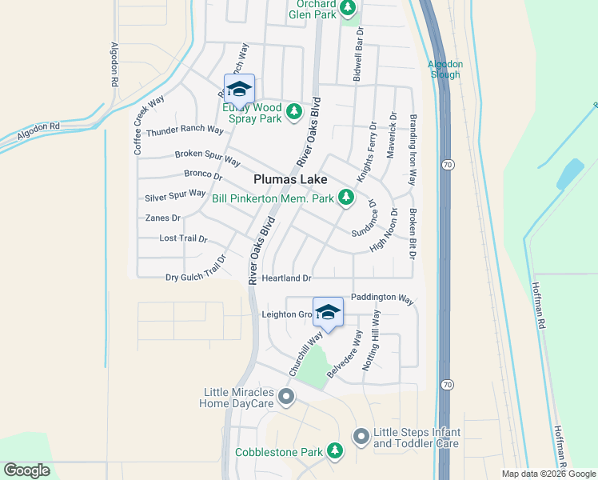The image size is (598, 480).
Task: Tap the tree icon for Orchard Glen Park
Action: coord(347,8)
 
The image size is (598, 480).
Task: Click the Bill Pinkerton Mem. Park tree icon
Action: coord(345,196)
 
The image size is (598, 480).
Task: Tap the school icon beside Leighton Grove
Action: coord(327,312)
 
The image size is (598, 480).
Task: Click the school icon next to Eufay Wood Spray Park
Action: coord(239,88)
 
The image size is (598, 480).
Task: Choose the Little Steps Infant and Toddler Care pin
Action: coord(361,436)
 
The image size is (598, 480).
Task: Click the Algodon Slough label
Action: coord(444,69)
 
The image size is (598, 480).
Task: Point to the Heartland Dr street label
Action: coord(285,278)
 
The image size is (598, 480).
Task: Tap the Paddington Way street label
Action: coord(383,298)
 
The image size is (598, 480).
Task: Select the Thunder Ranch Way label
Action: coord(185,130)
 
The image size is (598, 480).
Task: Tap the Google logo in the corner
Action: coord(26,470)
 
